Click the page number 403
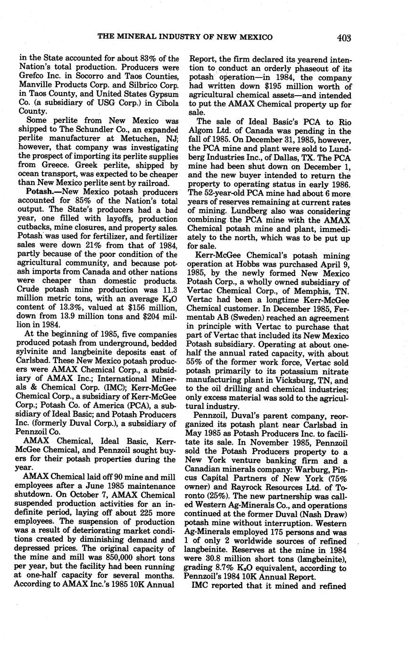point(344,38)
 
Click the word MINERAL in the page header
point(137,38)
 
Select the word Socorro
point(97,76)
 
